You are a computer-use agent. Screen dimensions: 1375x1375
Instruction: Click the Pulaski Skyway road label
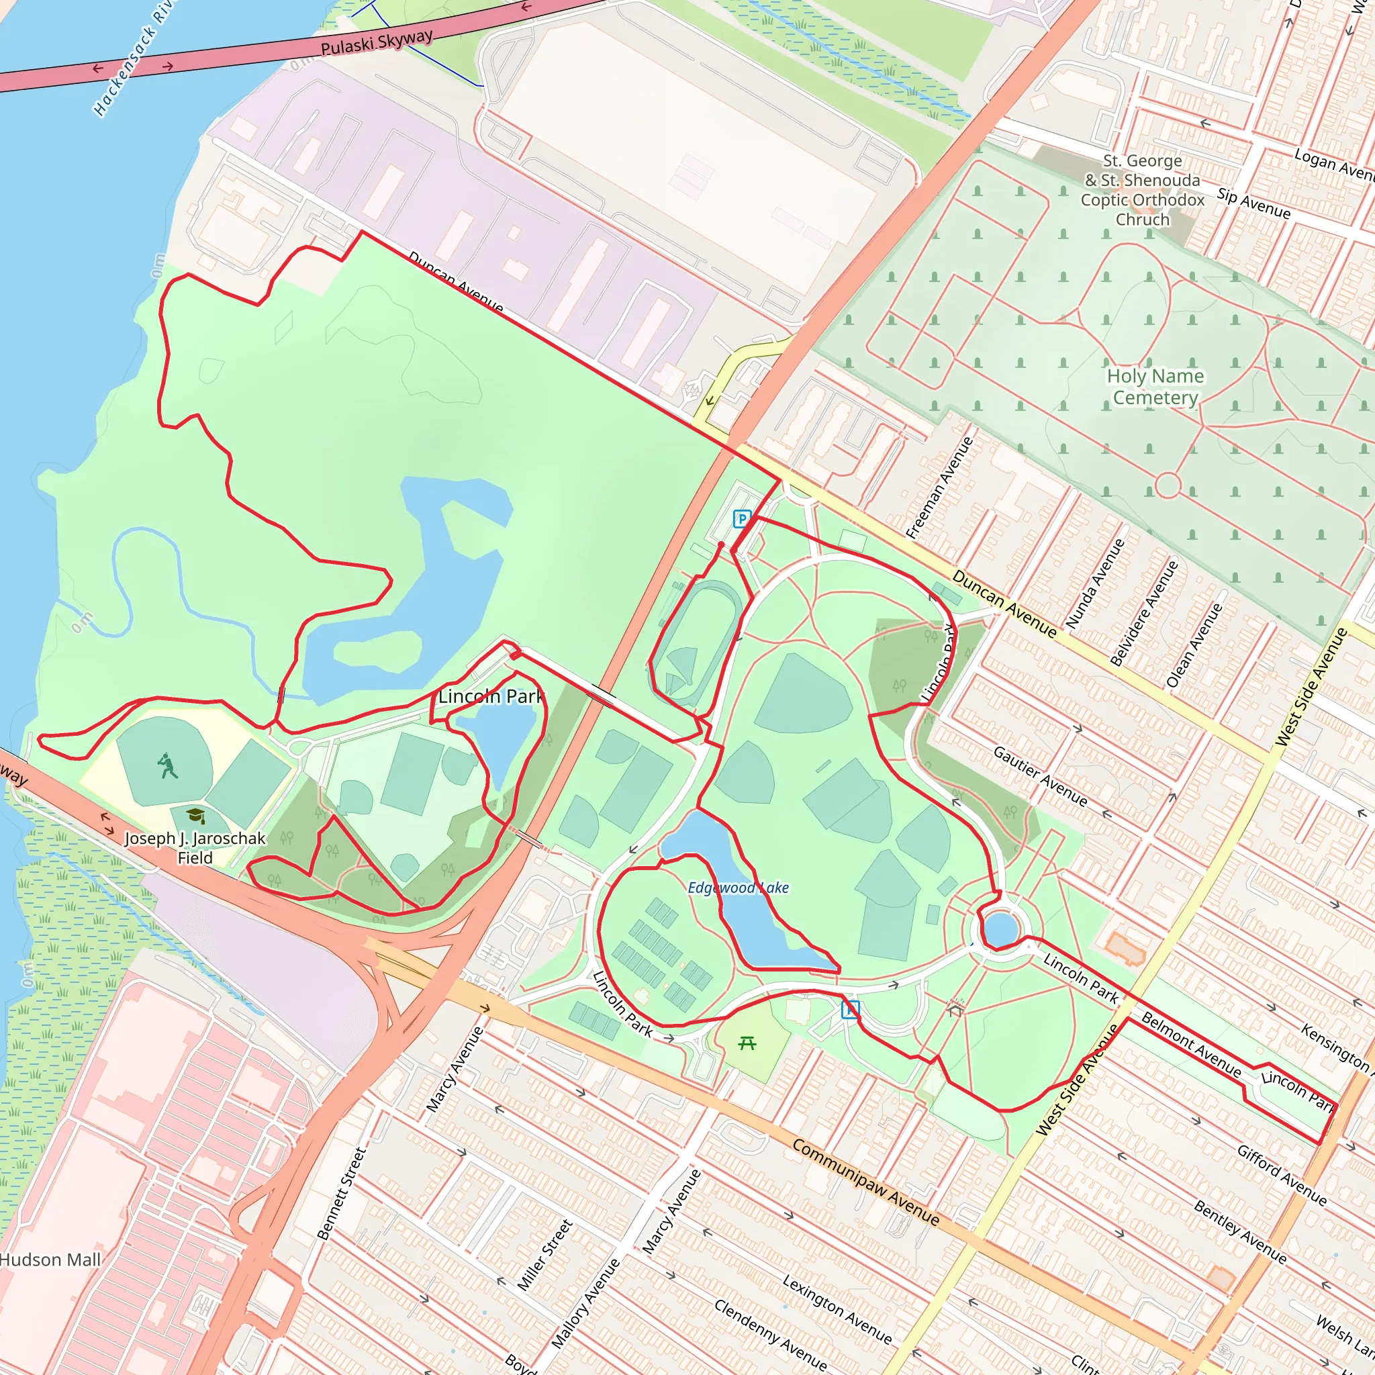click(x=376, y=43)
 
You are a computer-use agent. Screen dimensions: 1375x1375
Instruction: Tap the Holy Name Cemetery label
click(x=1155, y=387)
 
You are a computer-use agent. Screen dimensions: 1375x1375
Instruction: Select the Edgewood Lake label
click(x=738, y=888)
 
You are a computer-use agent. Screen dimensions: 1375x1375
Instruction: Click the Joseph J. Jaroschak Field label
click(x=195, y=848)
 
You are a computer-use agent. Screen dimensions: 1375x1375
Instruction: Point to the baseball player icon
click(x=167, y=766)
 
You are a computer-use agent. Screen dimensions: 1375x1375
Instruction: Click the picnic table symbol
click(x=747, y=1043)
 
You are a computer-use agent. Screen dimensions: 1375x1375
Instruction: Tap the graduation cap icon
click(x=196, y=816)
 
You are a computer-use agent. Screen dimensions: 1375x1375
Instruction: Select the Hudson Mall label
click(x=50, y=1260)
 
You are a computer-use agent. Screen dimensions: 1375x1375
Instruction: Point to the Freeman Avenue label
click(x=939, y=487)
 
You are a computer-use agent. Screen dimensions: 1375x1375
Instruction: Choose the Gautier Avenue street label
click(x=1041, y=777)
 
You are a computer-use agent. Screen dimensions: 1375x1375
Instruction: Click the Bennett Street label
click(x=342, y=1193)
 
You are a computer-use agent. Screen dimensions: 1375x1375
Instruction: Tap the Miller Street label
click(x=544, y=1255)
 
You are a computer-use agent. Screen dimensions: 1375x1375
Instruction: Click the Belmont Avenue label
click(x=1190, y=1043)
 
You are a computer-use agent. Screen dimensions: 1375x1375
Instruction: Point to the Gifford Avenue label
click(x=1281, y=1175)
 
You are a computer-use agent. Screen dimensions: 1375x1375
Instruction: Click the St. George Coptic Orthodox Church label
click(x=1142, y=190)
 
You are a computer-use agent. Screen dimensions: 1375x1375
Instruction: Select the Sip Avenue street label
click(x=1253, y=203)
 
